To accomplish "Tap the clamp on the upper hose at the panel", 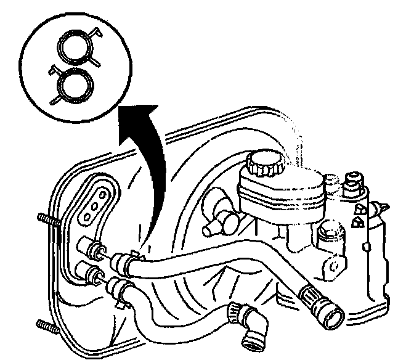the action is (127, 261).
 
